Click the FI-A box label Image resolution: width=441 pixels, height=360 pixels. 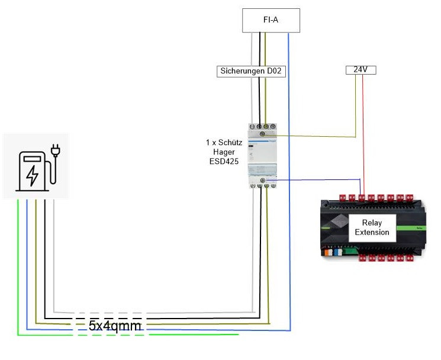click(271, 20)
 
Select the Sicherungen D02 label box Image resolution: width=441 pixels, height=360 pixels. click(251, 71)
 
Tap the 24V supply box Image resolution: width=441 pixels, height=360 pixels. click(361, 70)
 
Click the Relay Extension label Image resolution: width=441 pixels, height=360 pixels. click(372, 227)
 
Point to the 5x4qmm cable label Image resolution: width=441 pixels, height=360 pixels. click(114, 326)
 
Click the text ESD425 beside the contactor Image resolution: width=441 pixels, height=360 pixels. click(224, 162)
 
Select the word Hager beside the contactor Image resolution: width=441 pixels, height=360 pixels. click(224, 152)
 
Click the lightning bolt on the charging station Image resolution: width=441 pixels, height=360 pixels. click(32, 176)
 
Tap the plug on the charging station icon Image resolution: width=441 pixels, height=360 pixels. click(56, 150)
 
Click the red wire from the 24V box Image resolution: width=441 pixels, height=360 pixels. click(363, 134)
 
